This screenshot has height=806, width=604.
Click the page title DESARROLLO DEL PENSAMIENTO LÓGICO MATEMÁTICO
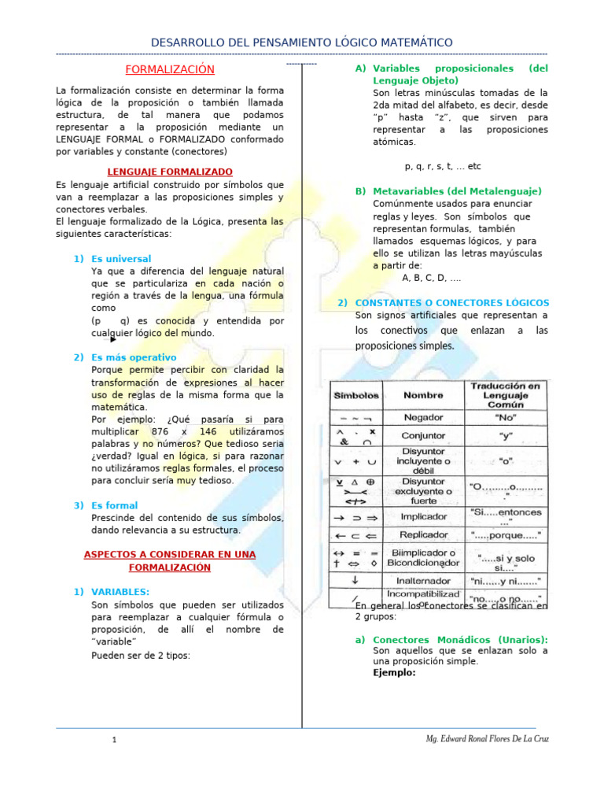(x=301, y=41)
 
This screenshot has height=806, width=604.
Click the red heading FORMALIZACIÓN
(x=170, y=69)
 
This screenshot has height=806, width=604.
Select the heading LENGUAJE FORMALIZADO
(x=170, y=172)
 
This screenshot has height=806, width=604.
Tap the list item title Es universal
(x=121, y=259)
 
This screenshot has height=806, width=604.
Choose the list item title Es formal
(x=115, y=505)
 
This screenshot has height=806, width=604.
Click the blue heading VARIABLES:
(x=120, y=592)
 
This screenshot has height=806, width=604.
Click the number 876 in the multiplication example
(x=165, y=432)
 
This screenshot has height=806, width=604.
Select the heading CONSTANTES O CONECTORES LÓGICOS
(x=452, y=302)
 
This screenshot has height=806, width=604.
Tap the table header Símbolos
(x=357, y=395)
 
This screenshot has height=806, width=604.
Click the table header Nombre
(x=423, y=395)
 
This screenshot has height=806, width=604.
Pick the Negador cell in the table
(x=423, y=417)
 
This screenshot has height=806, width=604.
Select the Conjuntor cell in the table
(x=423, y=435)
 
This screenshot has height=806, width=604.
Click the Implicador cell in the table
(x=423, y=517)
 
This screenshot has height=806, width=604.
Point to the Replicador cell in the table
(x=423, y=535)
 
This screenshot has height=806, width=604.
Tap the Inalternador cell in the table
(x=423, y=581)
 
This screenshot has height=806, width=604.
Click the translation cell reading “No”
(x=506, y=417)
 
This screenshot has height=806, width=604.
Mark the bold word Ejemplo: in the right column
(x=394, y=673)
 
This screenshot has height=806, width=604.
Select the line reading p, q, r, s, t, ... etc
(x=442, y=167)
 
